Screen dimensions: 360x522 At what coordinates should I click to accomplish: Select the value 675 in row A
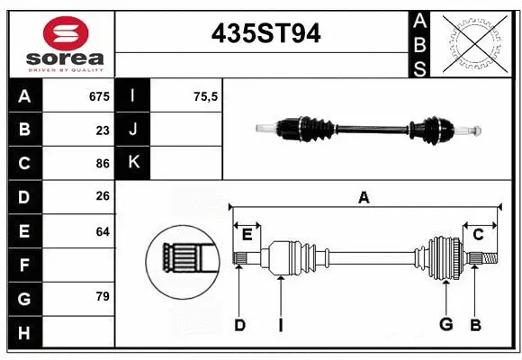pos(99,96)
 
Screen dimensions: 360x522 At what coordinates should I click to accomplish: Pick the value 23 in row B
pos(103,130)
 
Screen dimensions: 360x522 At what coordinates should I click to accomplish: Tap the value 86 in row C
pos(103,165)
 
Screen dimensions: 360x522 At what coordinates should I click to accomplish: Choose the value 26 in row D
pos(103,197)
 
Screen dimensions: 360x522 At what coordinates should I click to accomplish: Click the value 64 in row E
pos(103,231)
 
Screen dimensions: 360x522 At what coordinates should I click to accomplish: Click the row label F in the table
pos(24,265)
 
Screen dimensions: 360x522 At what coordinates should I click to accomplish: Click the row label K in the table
pos(133,164)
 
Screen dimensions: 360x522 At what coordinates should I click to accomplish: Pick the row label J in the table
pos(133,130)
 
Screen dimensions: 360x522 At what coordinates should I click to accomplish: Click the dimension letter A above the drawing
pos(364,197)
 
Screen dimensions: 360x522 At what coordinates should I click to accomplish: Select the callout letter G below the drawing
pos(445,325)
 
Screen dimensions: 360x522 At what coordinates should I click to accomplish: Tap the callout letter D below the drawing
pos(239,325)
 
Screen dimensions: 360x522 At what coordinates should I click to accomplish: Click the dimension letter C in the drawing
pos(478,235)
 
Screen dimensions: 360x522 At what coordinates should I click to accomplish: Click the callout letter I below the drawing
pos(280,325)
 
